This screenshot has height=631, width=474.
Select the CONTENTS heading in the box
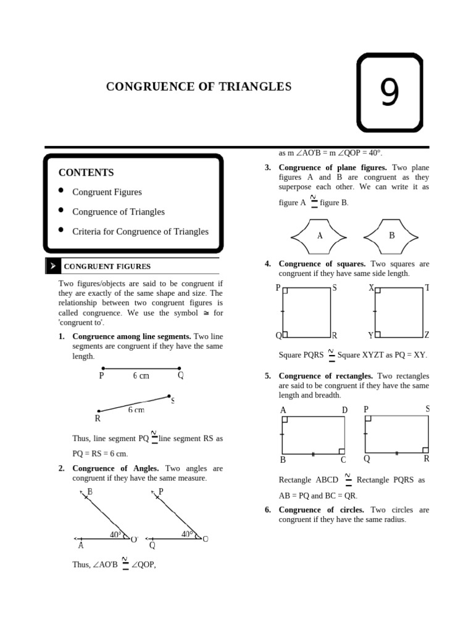(86, 173)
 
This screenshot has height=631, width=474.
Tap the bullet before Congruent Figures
(61, 190)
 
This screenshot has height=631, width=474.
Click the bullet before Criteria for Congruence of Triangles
(61, 230)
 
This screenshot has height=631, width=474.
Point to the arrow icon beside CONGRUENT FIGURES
(53, 266)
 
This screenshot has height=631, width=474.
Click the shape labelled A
(320, 235)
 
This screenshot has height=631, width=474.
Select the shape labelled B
(391, 235)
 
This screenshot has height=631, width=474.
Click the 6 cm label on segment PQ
(141, 376)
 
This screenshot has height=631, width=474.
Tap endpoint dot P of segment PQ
(102, 368)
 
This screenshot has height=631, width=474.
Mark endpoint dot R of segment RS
(99, 410)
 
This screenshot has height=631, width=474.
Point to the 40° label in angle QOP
(188, 534)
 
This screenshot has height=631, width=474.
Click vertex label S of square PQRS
(335, 288)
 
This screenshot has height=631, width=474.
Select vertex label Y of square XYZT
(370, 336)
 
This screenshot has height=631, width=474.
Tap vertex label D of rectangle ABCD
(344, 410)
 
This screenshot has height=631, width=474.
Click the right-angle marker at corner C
(341, 451)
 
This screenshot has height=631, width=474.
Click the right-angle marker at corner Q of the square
(285, 334)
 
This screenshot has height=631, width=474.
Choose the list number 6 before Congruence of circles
(268, 510)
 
